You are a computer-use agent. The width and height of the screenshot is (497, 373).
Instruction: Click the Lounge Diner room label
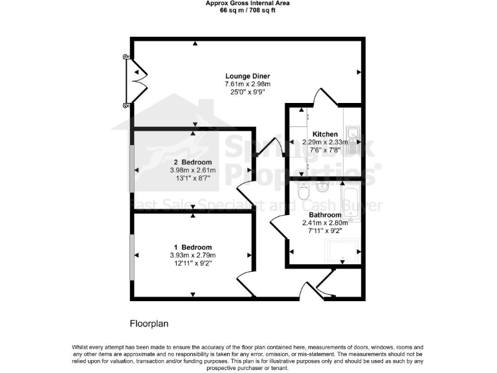coord(248,76)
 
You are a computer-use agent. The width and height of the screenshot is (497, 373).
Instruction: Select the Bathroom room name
coord(325,215)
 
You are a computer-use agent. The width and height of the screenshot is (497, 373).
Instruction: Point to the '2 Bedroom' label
coord(192,162)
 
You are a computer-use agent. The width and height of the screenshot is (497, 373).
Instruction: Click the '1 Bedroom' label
coord(192,247)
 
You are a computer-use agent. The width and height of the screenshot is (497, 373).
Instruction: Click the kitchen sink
coord(353,139)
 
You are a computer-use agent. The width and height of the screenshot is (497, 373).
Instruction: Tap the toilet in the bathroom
coord(302,194)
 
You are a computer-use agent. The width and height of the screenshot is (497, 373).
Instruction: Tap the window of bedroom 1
coord(132,255)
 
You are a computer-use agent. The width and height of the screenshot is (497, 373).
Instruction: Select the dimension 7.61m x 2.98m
coord(247,84)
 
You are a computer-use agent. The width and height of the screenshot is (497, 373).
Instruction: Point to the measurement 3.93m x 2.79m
coord(192,255)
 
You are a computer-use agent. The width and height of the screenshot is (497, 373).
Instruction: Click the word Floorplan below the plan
coord(149,322)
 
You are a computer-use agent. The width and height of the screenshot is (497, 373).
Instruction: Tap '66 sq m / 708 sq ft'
coord(248,10)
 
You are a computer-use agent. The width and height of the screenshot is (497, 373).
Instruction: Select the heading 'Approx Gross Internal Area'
coord(248,3)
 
